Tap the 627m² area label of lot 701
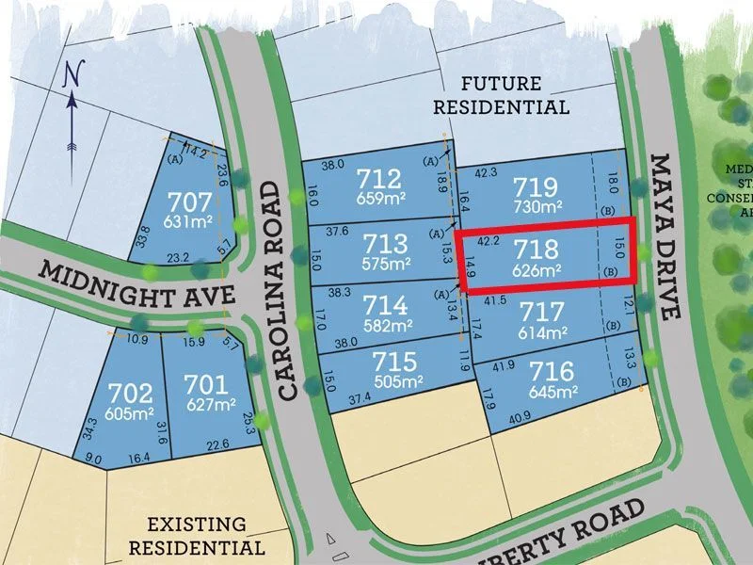(x=211, y=405)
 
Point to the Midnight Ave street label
(x=137, y=284)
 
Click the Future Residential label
(x=501, y=95)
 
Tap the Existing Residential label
(x=197, y=535)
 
